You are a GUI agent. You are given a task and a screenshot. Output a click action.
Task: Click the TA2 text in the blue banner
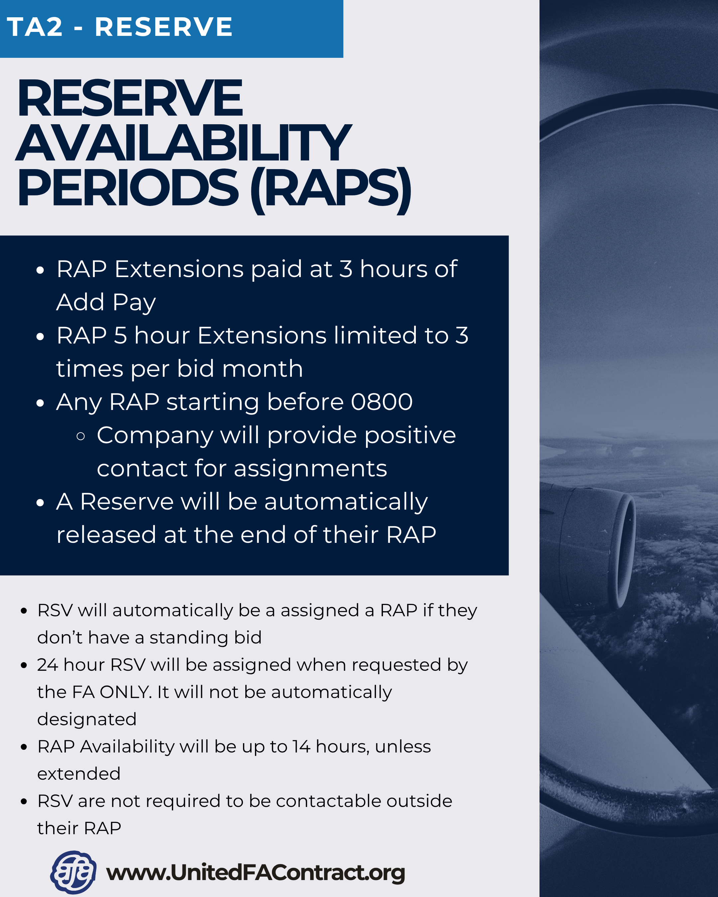pos(35,28)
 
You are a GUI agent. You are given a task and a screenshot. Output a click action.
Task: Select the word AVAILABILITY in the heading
pos(183,143)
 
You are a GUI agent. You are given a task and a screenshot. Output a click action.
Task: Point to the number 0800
pos(382,402)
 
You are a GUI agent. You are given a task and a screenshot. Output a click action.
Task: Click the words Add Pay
pos(106,302)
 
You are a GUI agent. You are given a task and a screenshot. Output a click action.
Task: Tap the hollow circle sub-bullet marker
pos(81,436)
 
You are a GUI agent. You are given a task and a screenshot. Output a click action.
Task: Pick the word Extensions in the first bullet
pos(179,269)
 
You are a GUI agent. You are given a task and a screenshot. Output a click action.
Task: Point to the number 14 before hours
pos(301,747)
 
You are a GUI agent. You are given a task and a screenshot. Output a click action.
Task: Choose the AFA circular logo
pos(73,872)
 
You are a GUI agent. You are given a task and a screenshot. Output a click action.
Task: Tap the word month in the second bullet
pos(262,369)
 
